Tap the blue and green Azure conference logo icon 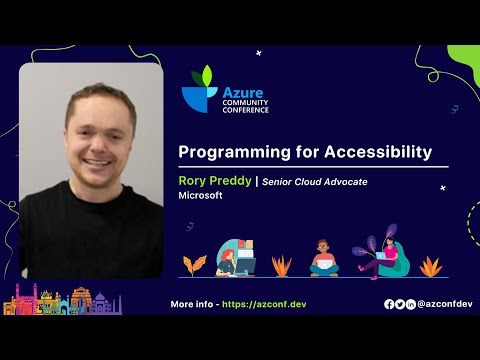[x=199, y=89]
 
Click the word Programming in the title [x=229, y=152]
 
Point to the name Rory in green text [x=193, y=181]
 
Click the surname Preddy [x=231, y=181]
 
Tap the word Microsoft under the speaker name [x=199, y=196]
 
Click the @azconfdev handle [x=444, y=304]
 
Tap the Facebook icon [x=389, y=304]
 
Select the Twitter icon [x=400, y=304]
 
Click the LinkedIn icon [x=410, y=304]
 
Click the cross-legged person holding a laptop [x=324, y=259]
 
